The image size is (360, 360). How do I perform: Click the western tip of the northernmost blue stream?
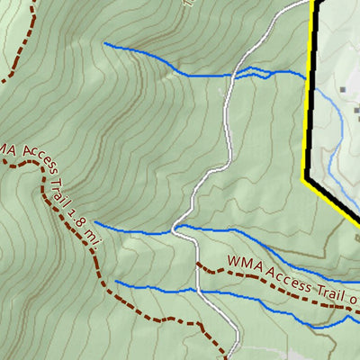tap(105, 43)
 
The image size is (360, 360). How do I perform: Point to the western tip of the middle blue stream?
tap(95, 224)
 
